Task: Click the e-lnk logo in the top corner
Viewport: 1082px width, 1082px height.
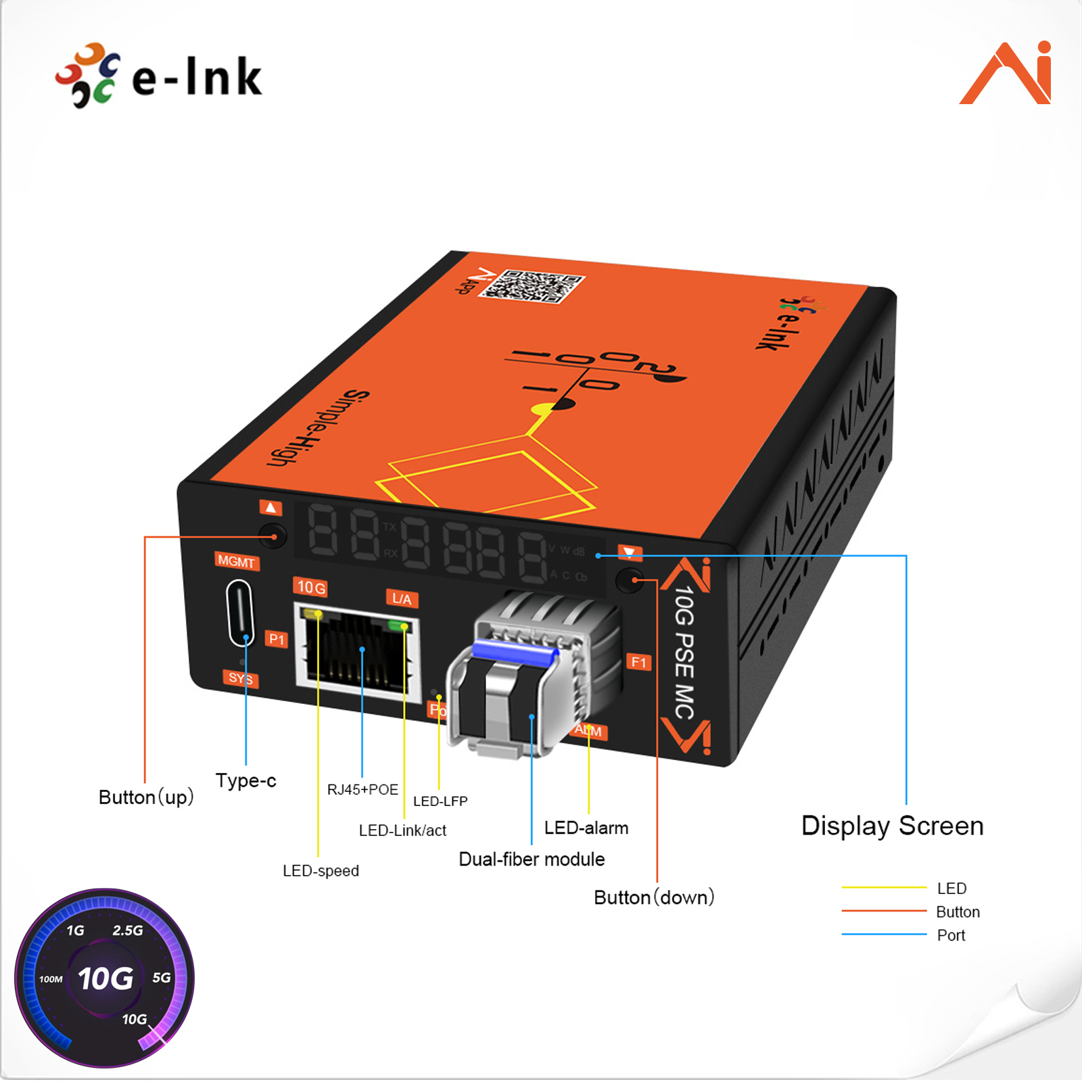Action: click(x=159, y=76)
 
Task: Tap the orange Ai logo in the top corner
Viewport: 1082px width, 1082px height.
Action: click(x=1006, y=73)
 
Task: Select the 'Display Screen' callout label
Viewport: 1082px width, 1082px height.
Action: click(x=892, y=826)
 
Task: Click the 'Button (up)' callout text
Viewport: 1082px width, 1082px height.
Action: click(x=146, y=797)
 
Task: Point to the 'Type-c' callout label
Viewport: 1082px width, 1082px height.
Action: click(x=245, y=780)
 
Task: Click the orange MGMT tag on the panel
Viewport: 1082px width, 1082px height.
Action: click(x=236, y=561)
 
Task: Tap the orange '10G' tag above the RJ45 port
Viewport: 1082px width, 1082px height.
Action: click(x=311, y=587)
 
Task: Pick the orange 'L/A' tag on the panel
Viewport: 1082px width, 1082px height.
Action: click(x=402, y=598)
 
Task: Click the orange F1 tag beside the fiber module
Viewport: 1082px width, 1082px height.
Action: click(x=639, y=661)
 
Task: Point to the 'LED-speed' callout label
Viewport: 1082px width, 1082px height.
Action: click(x=321, y=870)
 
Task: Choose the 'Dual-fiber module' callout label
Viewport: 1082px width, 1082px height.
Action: click(x=532, y=859)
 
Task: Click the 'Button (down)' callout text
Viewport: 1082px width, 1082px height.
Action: click(x=654, y=897)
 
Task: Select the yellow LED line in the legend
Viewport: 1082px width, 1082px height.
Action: click(x=883, y=887)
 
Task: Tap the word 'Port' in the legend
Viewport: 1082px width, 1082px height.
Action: click(x=951, y=935)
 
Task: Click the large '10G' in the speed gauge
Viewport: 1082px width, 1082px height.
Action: click(x=105, y=979)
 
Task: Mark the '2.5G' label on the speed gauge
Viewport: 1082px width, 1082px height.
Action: click(x=128, y=931)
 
